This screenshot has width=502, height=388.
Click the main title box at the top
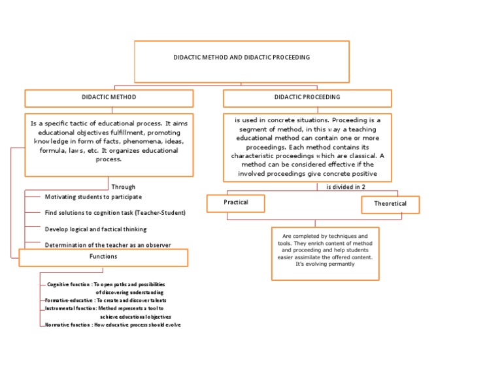tap(242, 61)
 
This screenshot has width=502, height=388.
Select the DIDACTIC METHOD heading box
tap(109, 98)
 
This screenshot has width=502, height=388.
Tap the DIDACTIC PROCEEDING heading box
tap(307, 98)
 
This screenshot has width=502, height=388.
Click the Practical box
tap(236, 204)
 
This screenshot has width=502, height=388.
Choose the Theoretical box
tap(390, 204)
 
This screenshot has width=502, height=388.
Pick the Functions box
tap(103, 257)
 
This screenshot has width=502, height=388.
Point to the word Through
tap(124, 187)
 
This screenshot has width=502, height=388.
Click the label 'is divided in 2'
tap(346, 187)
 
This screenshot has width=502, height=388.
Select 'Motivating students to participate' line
tap(93, 197)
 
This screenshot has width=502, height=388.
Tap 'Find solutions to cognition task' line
tap(115, 213)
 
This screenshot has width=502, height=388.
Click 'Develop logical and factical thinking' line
tap(95, 229)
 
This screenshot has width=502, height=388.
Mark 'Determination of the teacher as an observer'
tap(108, 245)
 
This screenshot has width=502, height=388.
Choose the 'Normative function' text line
tap(112, 325)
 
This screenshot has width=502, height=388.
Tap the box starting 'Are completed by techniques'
tap(325, 253)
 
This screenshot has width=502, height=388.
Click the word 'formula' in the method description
tap(54, 150)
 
